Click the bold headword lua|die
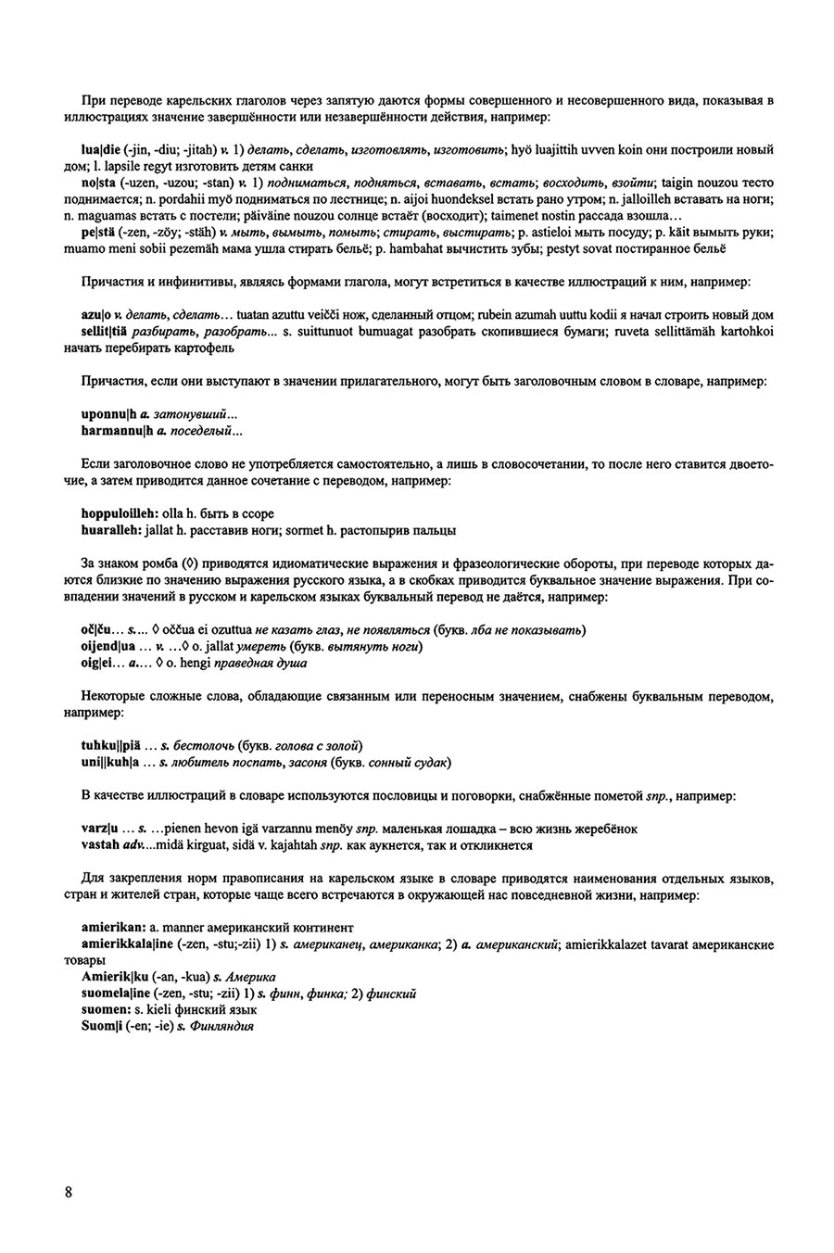[100, 148]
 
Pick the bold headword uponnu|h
[107, 413]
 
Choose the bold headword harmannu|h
[113, 430]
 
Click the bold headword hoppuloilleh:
[120, 513]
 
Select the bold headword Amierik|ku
[114, 977]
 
